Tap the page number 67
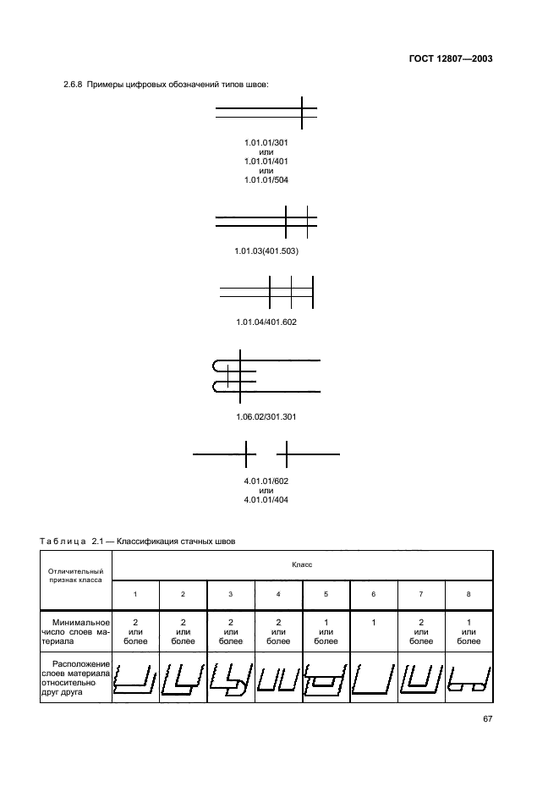487,719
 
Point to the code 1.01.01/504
266,179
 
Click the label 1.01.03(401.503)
266,251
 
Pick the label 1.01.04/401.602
266,322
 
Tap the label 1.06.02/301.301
266,417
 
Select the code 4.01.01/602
266,481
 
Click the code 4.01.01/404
266,498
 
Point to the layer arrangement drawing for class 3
230,678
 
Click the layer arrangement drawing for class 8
469,678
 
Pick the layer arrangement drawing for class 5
326,678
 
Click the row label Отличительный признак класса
75,576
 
